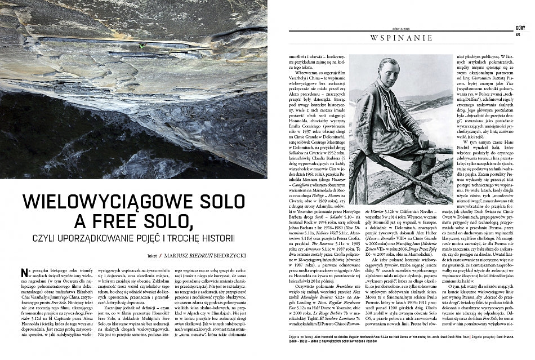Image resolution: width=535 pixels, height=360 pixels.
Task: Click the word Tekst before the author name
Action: tap(151, 255)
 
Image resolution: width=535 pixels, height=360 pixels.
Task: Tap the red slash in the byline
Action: tap(160, 255)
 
